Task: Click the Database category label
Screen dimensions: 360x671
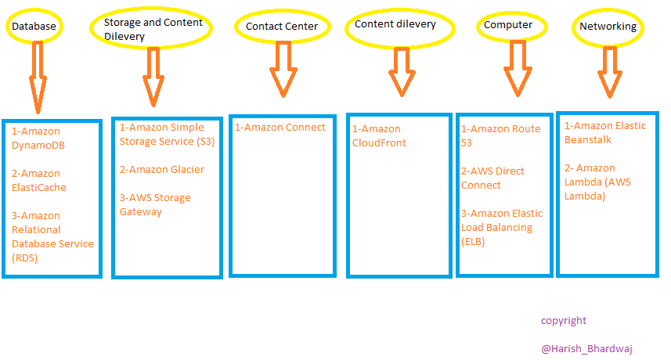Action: [x=33, y=27]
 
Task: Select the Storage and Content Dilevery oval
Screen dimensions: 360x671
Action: [x=153, y=29]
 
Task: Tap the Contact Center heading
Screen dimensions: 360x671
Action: [x=282, y=27]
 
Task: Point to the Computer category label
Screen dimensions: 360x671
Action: [x=508, y=25]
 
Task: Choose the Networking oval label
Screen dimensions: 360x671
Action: [x=608, y=27]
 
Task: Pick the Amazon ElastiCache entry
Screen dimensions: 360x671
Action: [x=39, y=181]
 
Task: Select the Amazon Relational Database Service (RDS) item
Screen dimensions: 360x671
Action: [x=52, y=236]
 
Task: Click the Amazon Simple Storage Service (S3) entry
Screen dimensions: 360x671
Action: [x=167, y=135]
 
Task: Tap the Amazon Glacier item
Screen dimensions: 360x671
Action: [x=162, y=170]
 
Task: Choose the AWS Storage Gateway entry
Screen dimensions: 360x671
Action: [x=155, y=205]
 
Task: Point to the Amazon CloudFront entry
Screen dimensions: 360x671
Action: [x=380, y=136]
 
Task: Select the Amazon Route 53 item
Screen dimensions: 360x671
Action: [x=500, y=136]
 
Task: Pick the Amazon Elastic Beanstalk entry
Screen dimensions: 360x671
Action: [x=605, y=132]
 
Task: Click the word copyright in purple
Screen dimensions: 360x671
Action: [x=563, y=321]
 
